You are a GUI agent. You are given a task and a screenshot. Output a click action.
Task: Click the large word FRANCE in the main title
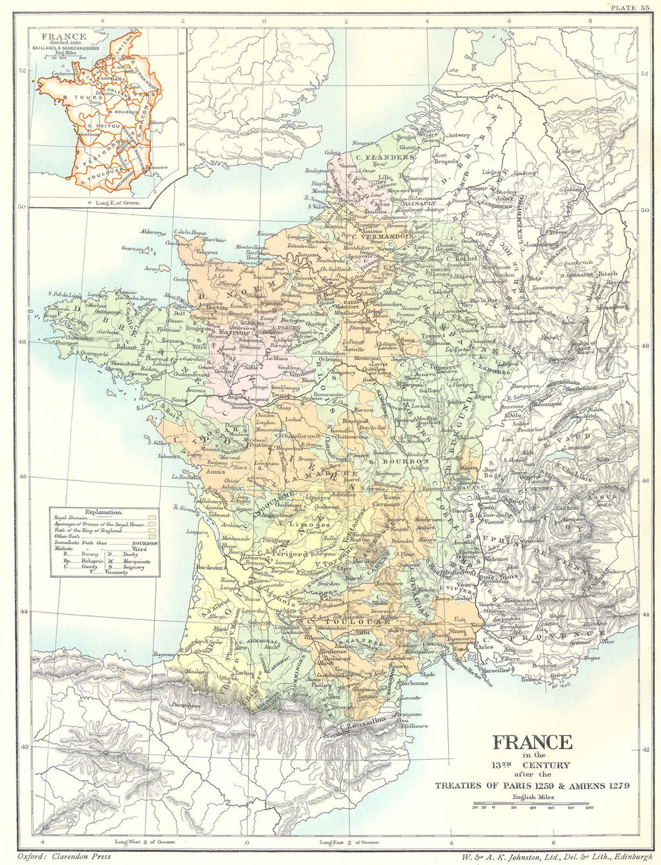(531, 741)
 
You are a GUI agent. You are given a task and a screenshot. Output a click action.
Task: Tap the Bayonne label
(166, 654)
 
